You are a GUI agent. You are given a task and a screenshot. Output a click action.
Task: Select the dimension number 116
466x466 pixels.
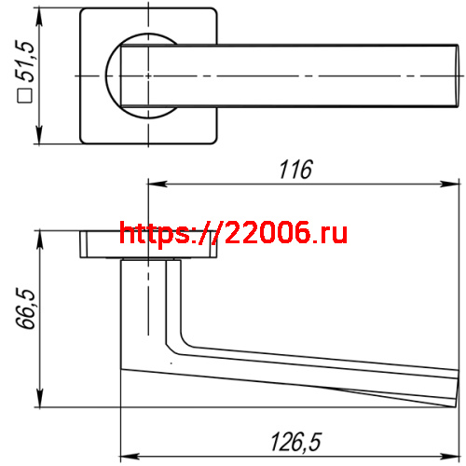click(x=295, y=170)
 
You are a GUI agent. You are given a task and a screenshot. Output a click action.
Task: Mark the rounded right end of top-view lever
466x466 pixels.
click(x=454, y=75)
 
